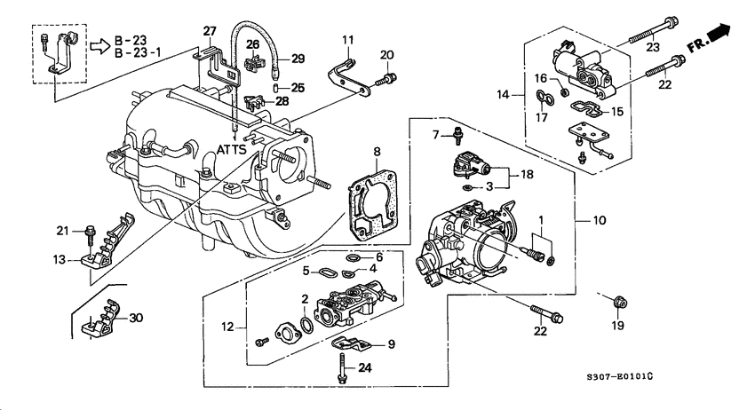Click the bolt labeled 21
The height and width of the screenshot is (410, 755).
tap(91, 235)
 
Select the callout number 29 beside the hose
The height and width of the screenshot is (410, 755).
tap(298, 59)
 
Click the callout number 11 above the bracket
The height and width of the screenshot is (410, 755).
tap(347, 39)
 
